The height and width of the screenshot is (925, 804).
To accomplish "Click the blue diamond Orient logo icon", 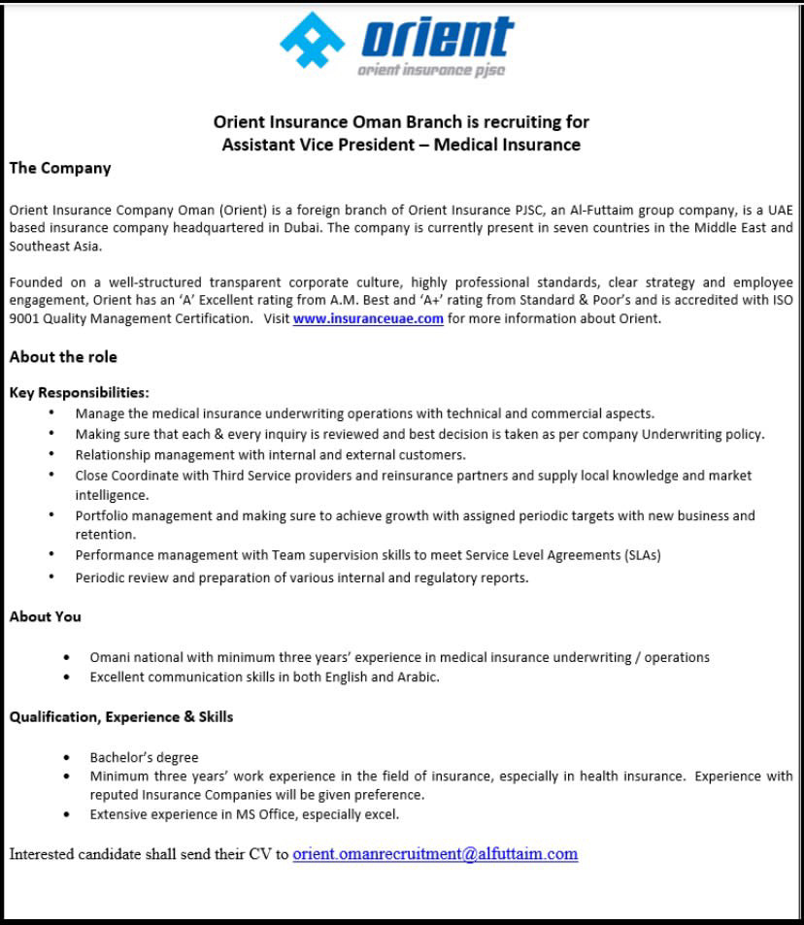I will [313, 40].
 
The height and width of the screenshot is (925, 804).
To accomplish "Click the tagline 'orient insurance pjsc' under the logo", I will [430, 70].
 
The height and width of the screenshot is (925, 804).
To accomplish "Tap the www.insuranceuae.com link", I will [368, 319].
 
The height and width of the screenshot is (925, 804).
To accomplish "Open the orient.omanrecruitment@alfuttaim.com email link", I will [435, 854].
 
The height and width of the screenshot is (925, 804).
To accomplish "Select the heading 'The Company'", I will [60, 168].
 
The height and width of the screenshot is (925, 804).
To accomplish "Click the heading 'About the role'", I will [63, 357].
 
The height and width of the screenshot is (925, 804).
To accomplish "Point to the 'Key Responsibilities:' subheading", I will [80, 393].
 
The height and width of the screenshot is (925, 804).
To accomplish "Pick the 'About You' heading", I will [46, 616].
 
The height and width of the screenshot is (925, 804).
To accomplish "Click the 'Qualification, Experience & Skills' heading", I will [121, 717].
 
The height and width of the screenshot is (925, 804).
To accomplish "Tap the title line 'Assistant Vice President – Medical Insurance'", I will [401, 146].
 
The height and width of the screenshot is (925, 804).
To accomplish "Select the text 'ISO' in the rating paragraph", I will [782, 301].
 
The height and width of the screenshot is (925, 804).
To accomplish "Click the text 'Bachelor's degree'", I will [144, 757].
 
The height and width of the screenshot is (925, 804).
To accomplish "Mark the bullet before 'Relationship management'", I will [51, 454].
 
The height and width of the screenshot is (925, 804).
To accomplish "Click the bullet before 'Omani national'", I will [66, 657].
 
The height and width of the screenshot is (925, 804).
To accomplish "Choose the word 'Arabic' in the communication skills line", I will [417, 677].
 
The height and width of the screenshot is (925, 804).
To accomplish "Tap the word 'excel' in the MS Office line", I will [382, 814].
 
